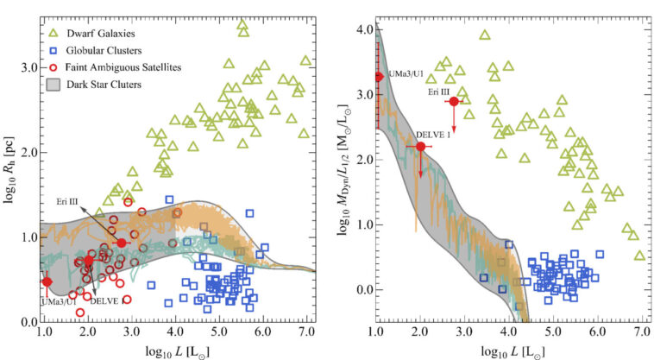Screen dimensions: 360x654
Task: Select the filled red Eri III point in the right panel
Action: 454,101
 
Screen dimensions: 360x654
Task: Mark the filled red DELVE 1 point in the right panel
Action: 420,147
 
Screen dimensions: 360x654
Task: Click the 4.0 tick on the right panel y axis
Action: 363,30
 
